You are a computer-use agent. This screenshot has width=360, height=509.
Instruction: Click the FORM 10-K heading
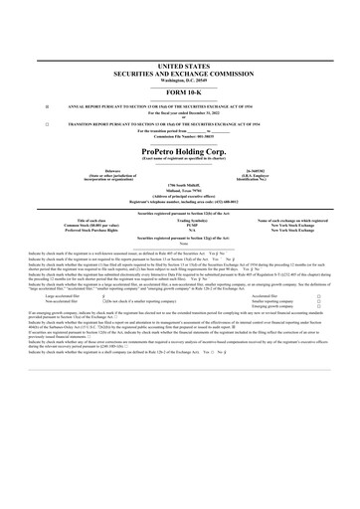[179, 89]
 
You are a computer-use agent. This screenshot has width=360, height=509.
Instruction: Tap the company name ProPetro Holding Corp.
[179, 151]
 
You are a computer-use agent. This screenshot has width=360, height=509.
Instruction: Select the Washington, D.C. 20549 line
[179, 78]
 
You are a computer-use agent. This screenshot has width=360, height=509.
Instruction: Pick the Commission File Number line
[179, 137]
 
